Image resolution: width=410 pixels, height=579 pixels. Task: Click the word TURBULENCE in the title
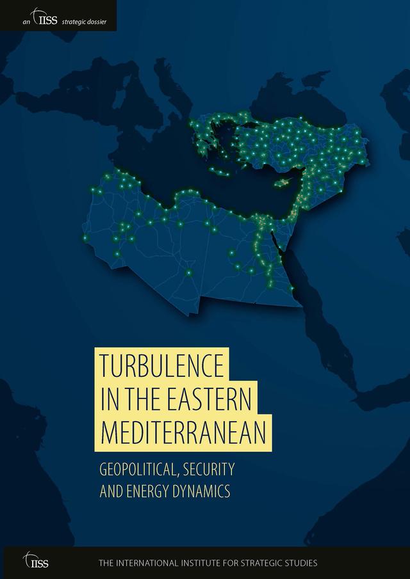pos(162,366)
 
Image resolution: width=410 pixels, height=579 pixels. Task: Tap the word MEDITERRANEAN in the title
pos(183,433)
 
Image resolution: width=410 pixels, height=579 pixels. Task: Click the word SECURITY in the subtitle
pos(208,469)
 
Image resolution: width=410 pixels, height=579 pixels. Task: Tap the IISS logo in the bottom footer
pos(35,562)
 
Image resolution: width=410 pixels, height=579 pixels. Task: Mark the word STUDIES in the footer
pos(300,564)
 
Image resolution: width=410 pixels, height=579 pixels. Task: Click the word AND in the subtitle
pos(113,492)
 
